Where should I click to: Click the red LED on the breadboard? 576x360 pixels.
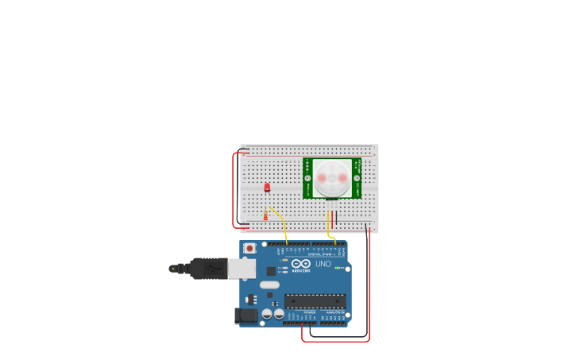click(267, 188)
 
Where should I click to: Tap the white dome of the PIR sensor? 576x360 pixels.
click(331, 178)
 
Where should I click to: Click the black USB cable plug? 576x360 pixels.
click(208, 269)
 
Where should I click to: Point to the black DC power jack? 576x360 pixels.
click(247, 315)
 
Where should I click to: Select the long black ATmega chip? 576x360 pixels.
click(315, 301)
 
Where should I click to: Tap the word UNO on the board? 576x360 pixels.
click(323, 264)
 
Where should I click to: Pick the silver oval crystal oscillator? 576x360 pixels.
click(269, 285)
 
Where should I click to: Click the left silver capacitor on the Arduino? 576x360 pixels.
click(267, 314)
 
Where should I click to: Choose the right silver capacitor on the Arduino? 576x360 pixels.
click(279, 314)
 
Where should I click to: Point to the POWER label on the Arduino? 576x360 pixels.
click(308, 313)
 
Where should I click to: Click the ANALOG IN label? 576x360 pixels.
click(334, 313)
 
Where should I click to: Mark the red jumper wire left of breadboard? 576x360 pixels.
click(233, 191)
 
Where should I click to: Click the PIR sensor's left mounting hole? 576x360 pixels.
click(308, 179)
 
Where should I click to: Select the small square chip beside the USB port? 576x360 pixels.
click(271, 271)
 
